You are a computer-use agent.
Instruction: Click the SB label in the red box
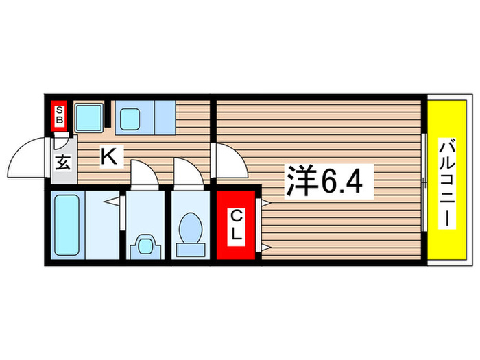pos(60,115)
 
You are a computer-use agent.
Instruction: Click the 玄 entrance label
pos(62,165)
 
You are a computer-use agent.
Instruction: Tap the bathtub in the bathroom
pos(68,225)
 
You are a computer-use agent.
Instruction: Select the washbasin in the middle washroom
pos(145,245)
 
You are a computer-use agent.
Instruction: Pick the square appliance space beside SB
pos(88,118)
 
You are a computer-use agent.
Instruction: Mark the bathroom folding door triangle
pos(113,202)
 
